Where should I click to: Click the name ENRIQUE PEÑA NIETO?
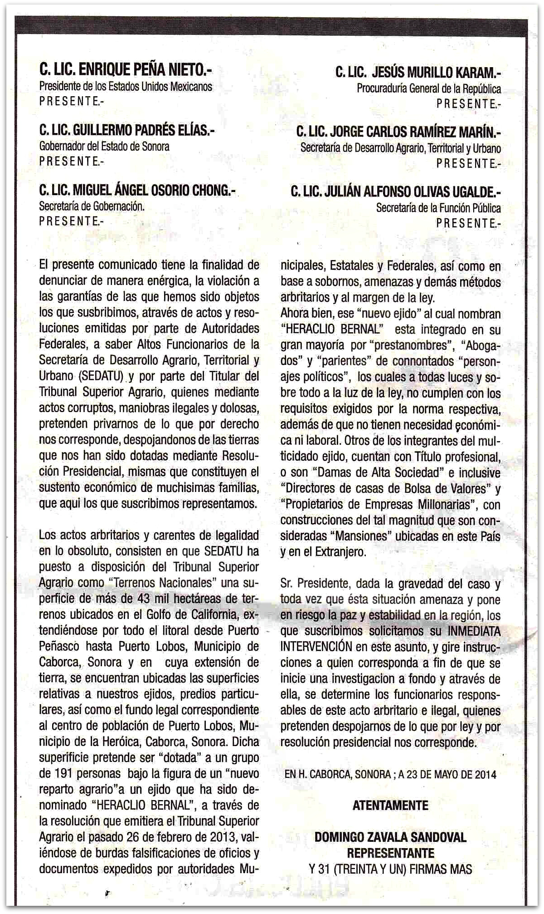click(x=145, y=70)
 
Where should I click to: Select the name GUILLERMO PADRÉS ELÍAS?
click(x=144, y=131)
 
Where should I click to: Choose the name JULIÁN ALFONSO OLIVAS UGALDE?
click(x=413, y=192)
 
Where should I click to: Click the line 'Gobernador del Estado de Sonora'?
click(x=104, y=147)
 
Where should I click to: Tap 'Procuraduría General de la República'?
click(x=429, y=88)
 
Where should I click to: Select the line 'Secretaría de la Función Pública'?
click(x=438, y=208)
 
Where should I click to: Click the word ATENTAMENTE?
click(x=390, y=806)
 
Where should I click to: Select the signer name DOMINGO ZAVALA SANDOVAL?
click(x=390, y=837)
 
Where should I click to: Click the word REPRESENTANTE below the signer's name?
click(x=390, y=853)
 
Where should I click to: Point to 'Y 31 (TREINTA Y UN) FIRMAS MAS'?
click(x=390, y=869)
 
